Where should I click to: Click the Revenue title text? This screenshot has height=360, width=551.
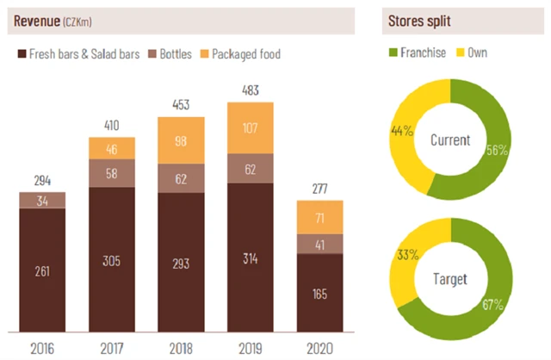[39, 21]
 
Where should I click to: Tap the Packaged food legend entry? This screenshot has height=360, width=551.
[245, 54]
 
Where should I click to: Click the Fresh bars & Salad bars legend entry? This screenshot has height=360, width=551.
[78, 54]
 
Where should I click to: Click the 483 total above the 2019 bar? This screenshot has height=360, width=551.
[250, 90]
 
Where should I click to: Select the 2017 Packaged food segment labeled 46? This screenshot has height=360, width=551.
[111, 149]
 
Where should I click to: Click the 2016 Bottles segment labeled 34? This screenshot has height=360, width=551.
[42, 201]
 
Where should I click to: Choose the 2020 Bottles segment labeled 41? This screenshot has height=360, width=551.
[319, 244]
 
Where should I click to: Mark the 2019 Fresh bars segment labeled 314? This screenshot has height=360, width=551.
[250, 258]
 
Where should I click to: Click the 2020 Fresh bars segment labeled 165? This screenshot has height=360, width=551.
[319, 294]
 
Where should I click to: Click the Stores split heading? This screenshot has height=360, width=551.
[422, 21]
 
